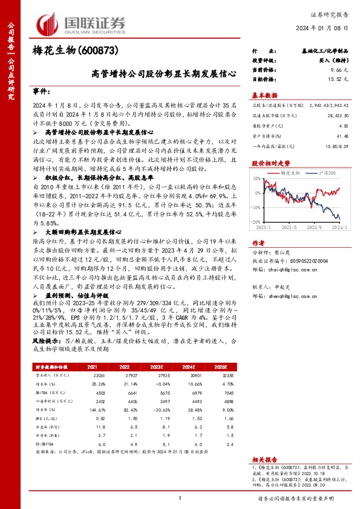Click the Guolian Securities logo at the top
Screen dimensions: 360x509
(x=82, y=23)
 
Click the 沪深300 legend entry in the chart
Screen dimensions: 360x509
(x=315, y=173)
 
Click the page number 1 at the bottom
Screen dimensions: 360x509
(x=180, y=498)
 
